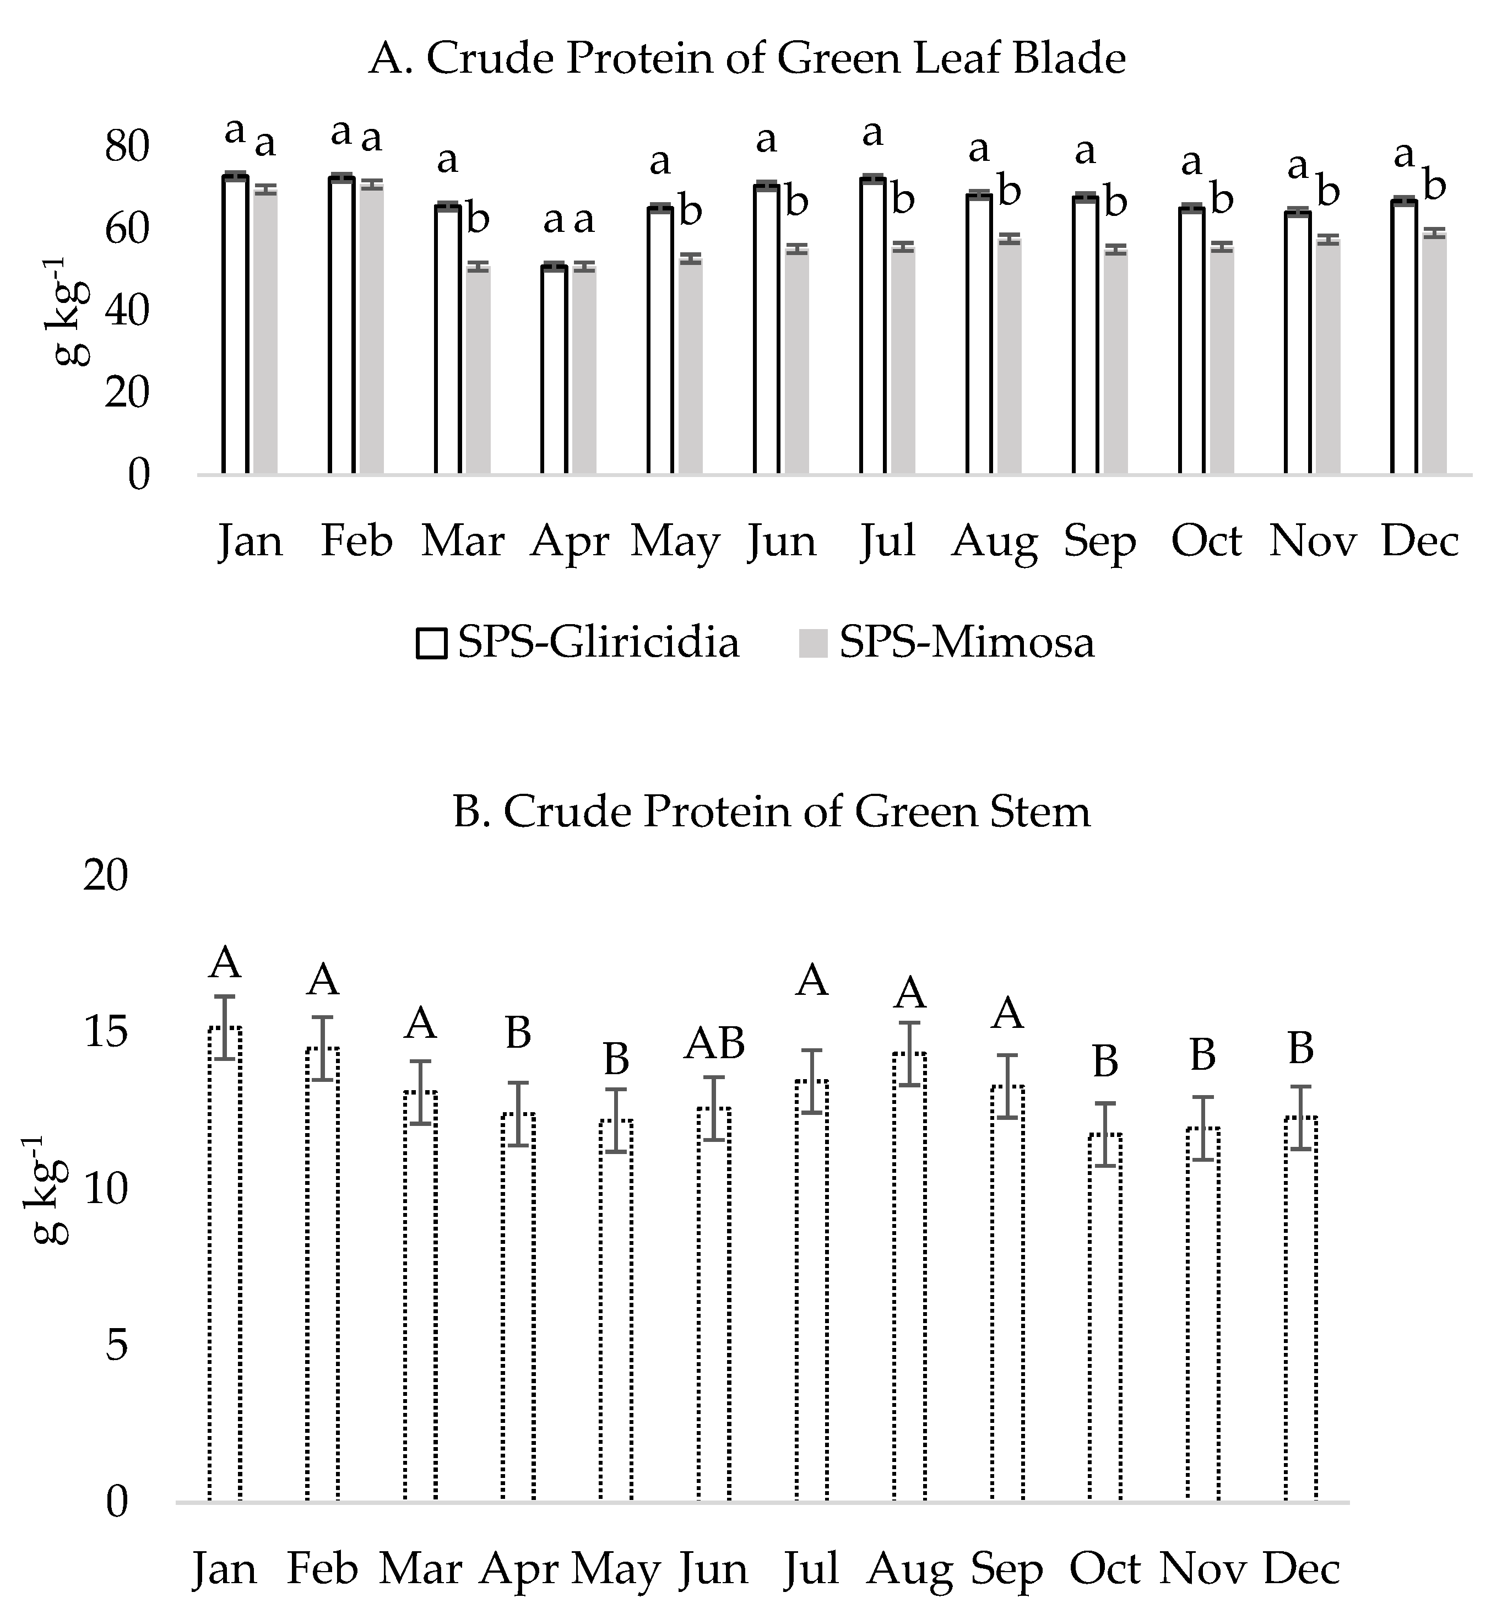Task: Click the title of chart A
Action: click(x=747, y=59)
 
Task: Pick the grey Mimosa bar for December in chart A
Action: click(x=1435, y=353)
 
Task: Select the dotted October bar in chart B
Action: click(x=1105, y=1315)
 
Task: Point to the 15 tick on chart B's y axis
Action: click(x=106, y=1033)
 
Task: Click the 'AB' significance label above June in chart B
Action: click(x=714, y=1044)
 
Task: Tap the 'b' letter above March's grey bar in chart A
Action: click(x=478, y=219)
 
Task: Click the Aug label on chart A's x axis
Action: click(x=994, y=541)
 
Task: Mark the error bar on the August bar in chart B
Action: click(x=909, y=1053)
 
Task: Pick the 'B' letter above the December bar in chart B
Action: click(x=1300, y=1049)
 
